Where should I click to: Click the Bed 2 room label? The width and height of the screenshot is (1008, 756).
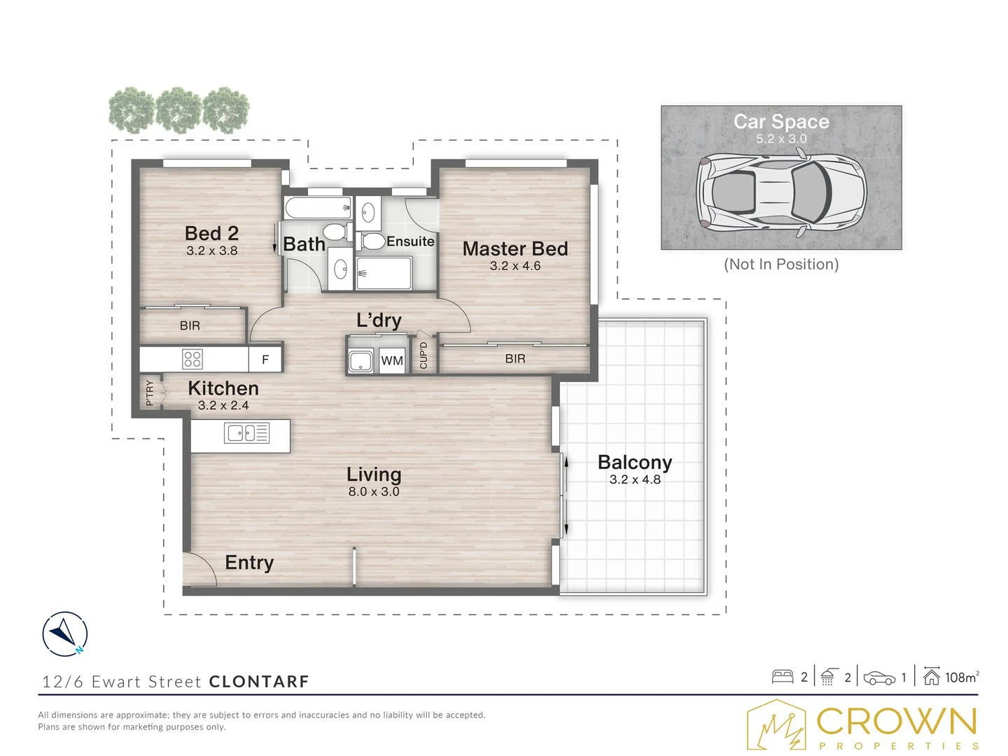pyautogui.click(x=211, y=233)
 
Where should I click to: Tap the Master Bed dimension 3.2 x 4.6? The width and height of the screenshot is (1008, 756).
pyautogui.click(x=514, y=266)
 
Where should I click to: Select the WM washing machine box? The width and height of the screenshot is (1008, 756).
pyautogui.click(x=392, y=360)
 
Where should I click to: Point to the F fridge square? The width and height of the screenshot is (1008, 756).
pyautogui.click(x=265, y=359)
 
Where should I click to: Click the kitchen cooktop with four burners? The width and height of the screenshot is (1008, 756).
pyautogui.click(x=192, y=359)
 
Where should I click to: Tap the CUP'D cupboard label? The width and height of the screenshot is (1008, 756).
pyautogui.click(x=423, y=356)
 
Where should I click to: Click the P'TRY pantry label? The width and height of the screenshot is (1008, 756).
pyautogui.click(x=149, y=393)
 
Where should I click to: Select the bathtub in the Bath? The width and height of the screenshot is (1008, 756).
pyautogui.click(x=318, y=208)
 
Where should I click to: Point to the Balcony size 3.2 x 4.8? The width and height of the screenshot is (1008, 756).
pyautogui.click(x=635, y=479)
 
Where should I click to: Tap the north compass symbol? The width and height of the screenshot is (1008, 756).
pyautogui.click(x=65, y=634)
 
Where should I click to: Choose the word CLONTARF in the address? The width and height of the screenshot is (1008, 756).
pyautogui.click(x=259, y=682)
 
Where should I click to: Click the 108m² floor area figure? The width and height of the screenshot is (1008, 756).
pyautogui.click(x=962, y=677)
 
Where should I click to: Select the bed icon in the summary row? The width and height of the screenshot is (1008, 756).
pyautogui.click(x=783, y=677)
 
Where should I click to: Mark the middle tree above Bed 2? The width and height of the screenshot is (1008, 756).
pyautogui.click(x=178, y=110)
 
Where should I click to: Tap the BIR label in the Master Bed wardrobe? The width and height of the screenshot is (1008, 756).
pyautogui.click(x=514, y=359)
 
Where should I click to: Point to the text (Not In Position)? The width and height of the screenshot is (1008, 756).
pyautogui.click(x=781, y=265)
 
